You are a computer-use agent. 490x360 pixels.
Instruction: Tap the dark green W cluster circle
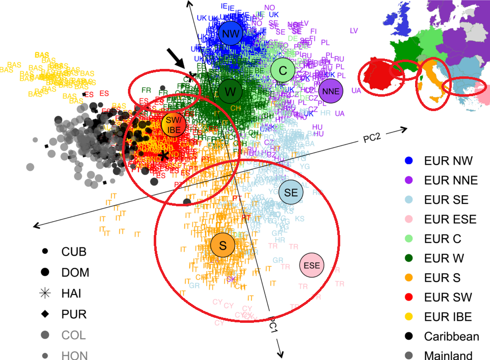(x=230, y=92)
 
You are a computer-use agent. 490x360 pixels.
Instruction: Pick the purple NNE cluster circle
(x=331, y=91)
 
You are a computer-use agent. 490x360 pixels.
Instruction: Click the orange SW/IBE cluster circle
(x=173, y=125)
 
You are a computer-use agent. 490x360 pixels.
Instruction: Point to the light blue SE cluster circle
(x=291, y=193)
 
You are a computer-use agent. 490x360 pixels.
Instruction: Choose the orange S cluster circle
(x=223, y=245)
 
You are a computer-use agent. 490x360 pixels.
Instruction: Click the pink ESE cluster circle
(x=311, y=265)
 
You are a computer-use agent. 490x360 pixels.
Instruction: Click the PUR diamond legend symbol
(x=45, y=314)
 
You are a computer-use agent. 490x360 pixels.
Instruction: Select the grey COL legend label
(x=74, y=335)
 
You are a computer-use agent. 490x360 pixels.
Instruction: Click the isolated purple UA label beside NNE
(x=356, y=91)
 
